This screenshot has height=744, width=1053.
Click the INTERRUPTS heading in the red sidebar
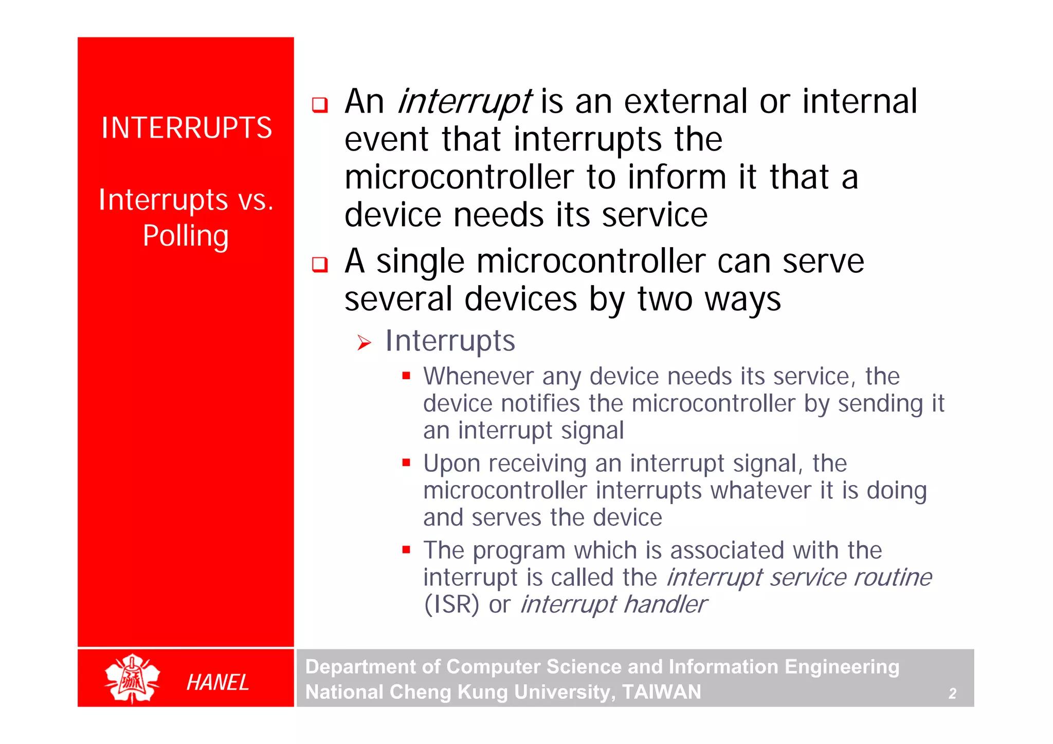point(186,127)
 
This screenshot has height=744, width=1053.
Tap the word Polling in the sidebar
point(186,236)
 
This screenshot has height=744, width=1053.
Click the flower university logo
point(132,679)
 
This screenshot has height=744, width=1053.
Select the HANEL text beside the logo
point(217,682)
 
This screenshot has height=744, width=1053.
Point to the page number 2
point(952,694)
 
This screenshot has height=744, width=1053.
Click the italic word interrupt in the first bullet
point(464,102)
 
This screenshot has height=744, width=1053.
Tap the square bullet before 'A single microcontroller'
point(320,265)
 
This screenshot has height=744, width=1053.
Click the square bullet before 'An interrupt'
point(320,105)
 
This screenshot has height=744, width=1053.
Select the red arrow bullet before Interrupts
point(364,343)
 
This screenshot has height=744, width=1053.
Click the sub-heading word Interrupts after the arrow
point(450,341)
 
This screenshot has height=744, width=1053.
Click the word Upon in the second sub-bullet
point(451,463)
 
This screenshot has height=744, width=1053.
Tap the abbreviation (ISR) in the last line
point(451,604)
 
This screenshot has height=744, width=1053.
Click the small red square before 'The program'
point(406,550)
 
